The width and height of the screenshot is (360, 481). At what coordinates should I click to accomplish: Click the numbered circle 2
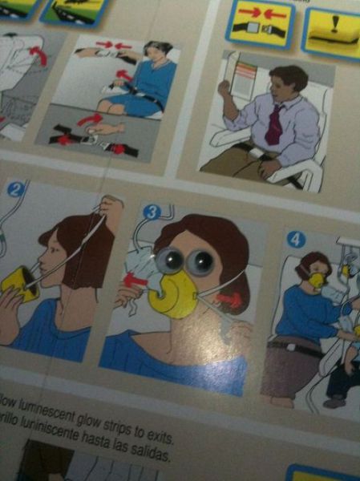[x=15, y=189]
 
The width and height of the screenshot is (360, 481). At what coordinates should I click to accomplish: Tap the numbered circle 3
[x=152, y=212]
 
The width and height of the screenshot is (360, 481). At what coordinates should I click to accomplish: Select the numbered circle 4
[x=296, y=239]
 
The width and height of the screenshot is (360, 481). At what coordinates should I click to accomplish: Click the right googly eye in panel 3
[x=200, y=262]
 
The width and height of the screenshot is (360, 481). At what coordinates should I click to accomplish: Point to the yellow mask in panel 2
[x=19, y=284]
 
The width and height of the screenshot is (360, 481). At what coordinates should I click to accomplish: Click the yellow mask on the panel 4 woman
[x=318, y=280]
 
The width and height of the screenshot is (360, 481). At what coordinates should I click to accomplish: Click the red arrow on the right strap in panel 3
[x=230, y=299]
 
